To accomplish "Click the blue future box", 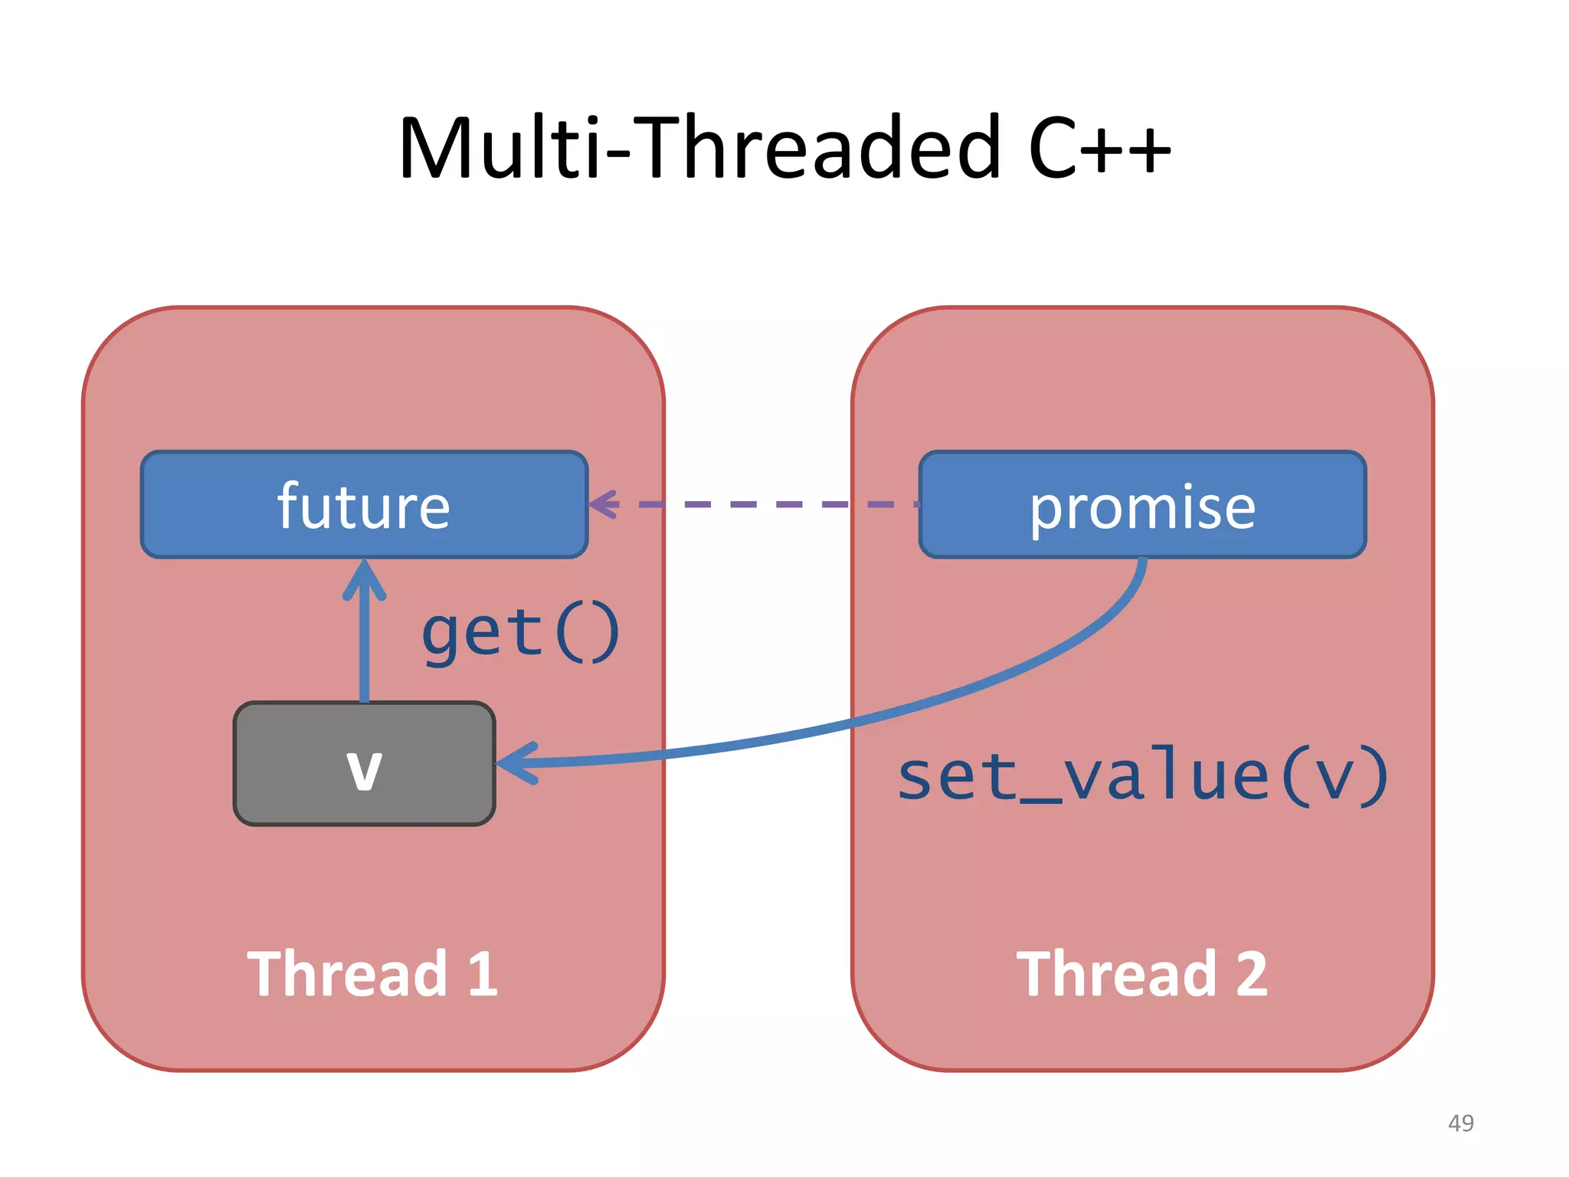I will click(364, 505).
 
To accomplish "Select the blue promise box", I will click(1142, 505).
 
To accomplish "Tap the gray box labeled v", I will click(364, 764).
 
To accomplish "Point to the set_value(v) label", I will click(1142, 776).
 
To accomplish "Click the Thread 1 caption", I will click(372, 974).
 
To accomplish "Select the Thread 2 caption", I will click(1142, 974).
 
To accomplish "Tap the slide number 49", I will click(1460, 1123).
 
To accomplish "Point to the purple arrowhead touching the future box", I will click(604, 504).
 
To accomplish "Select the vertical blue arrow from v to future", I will click(365, 644).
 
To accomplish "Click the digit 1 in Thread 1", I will click(483, 974).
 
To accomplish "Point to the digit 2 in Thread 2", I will click(1251, 974).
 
